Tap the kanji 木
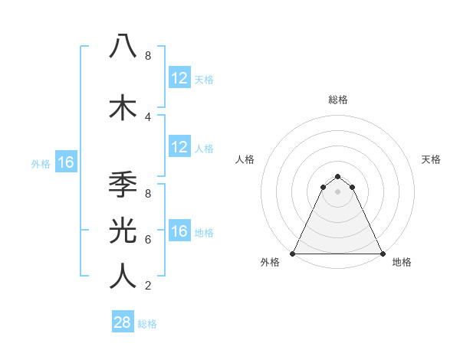pyautogui.click(x=123, y=108)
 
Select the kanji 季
pyautogui.click(x=123, y=186)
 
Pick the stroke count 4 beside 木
pyautogui.click(x=148, y=116)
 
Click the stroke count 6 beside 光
pyautogui.click(x=148, y=239)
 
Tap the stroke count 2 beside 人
pyautogui.click(x=148, y=286)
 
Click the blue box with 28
pyautogui.click(x=122, y=322)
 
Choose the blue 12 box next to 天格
pyautogui.click(x=179, y=77)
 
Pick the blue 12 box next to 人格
pyautogui.click(x=179, y=147)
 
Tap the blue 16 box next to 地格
pyautogui.click(x=179, y=231)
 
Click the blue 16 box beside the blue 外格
pyautogui.click(x=65, y=162)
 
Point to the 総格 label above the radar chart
pyautogui.click(x=338, y=100)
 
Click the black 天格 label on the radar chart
pyautogui.click(x=431, y=159)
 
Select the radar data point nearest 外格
pyautogui.click(x=294, y=254)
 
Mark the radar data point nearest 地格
pyautogui.click(x=382, y=254)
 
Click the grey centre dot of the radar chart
pyautogui.click(x=338, y=191)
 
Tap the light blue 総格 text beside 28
pyautogui.click(x=147, y=324)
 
